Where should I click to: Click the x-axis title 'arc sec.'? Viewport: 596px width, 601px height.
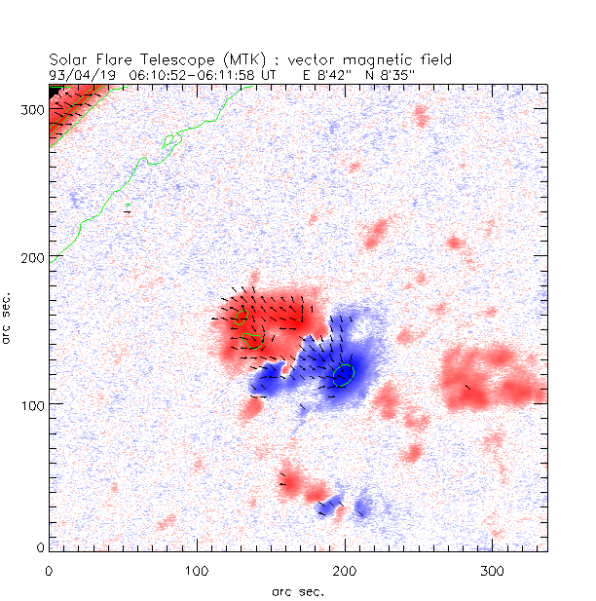click(298, 591)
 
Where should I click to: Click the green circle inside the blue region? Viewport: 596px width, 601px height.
click(343, 375)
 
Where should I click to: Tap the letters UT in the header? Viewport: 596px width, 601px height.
click(268, 73)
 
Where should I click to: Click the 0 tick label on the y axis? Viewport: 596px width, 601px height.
click(40, 548)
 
